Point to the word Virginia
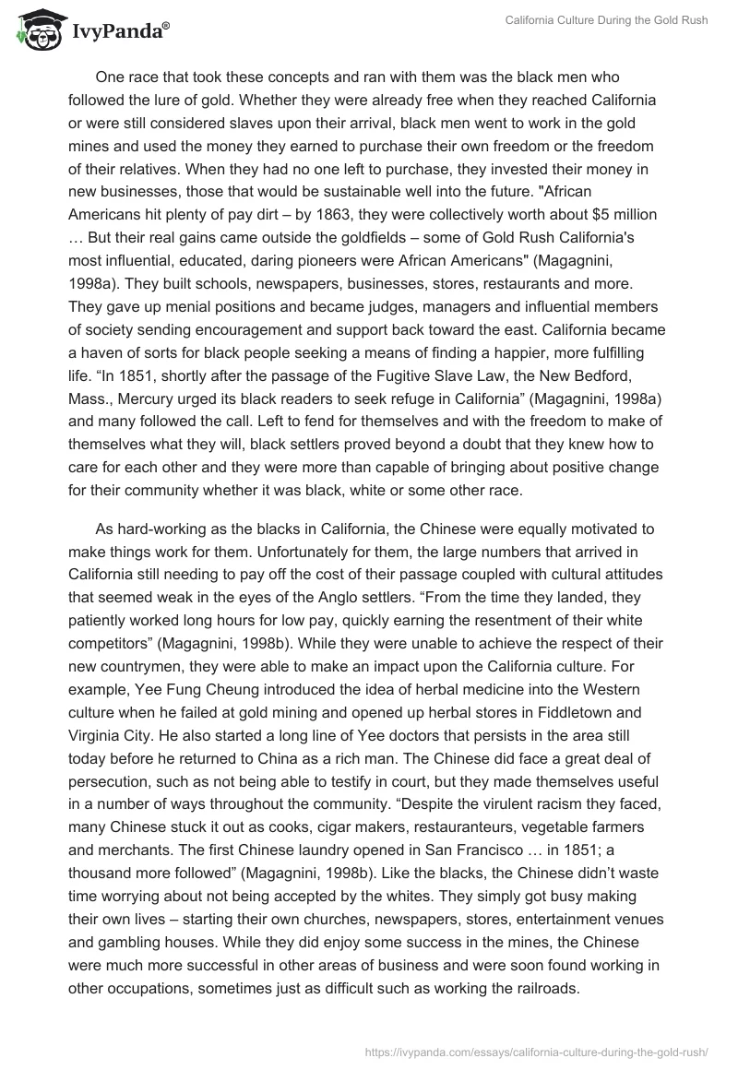point(96,732)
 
